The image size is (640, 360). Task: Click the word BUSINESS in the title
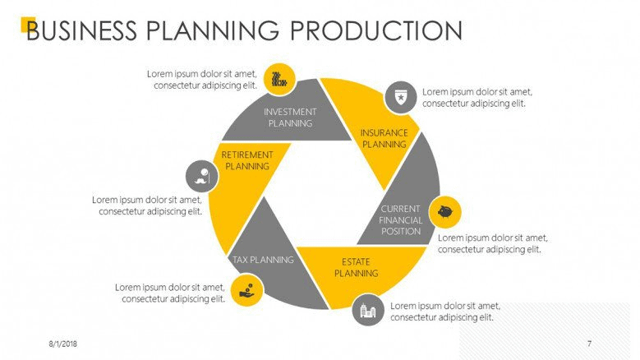pyautogui.click(x=82, y=30)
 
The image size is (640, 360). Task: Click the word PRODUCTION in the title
pyautogui.click(x=376, y=30)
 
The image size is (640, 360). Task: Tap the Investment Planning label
pyautogui.click(x=290, y=118)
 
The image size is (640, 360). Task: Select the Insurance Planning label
pyautogui.click(x=384, y=138)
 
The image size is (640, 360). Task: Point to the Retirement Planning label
pyautogui.click(x=247, y=160)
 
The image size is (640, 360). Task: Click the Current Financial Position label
pyautogui.click(x=400, y=220)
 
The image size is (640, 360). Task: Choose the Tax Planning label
pyautogui.click(x=263, y=260)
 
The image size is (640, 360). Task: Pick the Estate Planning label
pyautogui.click(x=357, y=267)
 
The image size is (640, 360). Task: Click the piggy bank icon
pyautogui.click(x=445, y=212)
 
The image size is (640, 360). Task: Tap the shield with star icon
pyautogui.click(x=401, y=98)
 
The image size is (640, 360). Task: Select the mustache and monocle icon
pyautogui.click(x=201, y=176)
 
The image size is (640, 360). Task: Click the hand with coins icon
pyautogui.click(x=246, y=290)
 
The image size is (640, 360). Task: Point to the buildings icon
pyautogui.click(x=368, y=311)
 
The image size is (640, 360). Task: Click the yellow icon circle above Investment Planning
pyautogui.click(x=279, y=79)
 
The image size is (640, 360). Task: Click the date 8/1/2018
pyautogui.click(x=63, y=344)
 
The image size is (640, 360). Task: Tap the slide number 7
pyautogui.click(x=589, y=344)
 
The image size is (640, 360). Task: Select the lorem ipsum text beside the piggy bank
pyautogui.click(x=493, y=243)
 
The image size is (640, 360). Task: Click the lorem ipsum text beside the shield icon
pyautogui.click(x=477, y=98)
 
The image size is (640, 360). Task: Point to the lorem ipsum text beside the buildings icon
pyautogui.click(x=445, y=312)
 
